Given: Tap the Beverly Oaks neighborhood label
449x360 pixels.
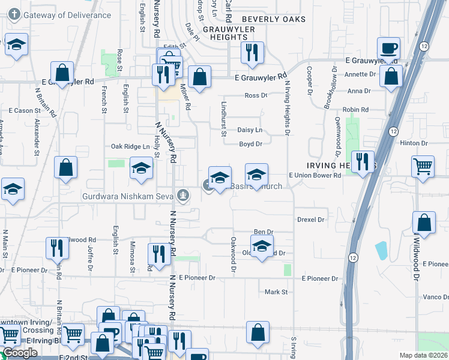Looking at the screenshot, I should tap(274, 19).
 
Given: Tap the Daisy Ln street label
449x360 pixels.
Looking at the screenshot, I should tap(250, 130).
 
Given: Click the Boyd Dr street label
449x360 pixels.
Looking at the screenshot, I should tap(251, 144).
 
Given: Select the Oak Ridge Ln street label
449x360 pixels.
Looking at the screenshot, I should tap(130, 146).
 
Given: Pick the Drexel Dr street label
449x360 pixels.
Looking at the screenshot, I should tap(310, 220).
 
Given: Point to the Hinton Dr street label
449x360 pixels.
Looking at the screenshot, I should tap(414, 143).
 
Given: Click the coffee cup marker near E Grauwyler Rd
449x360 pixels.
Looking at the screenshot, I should tap(389, 48).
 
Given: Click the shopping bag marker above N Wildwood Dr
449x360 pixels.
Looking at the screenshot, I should tap(424, 223).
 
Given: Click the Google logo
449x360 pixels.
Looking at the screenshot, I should tap(20, 353).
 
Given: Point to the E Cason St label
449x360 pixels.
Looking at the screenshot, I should tap(24, 110).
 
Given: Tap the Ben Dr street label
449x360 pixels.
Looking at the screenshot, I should tap(264, 232).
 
